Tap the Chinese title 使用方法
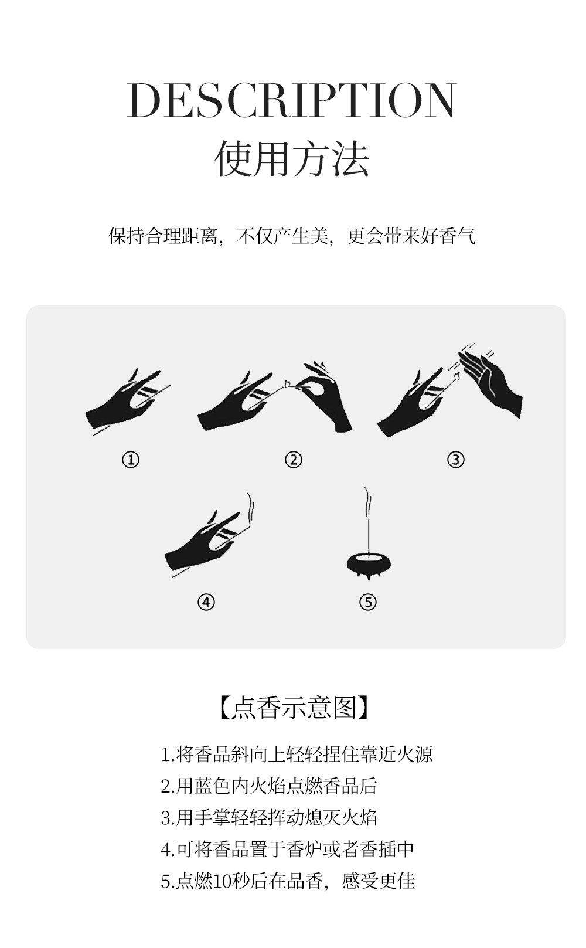292,159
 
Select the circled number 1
130,460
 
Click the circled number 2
293,460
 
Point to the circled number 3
456,460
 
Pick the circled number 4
206,602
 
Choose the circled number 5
367,602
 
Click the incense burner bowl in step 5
369,564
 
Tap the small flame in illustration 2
287,383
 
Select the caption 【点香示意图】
293,707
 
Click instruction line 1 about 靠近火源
297,755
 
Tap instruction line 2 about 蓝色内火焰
269,786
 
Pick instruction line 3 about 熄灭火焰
269,817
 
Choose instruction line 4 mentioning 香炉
287,848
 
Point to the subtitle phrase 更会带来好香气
411,236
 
